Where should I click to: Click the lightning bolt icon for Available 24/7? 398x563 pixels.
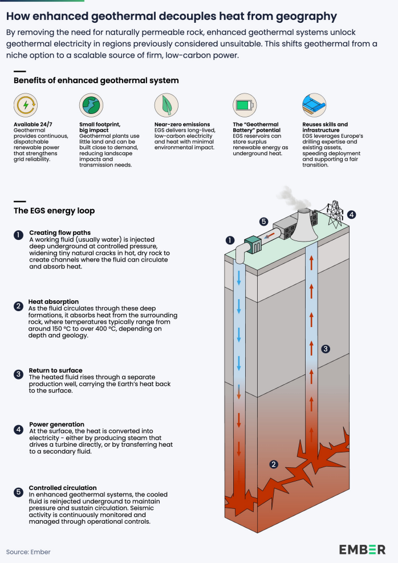25,105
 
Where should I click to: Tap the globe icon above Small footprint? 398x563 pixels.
91,105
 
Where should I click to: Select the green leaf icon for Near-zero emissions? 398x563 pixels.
166,105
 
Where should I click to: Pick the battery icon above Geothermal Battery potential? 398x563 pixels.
244,105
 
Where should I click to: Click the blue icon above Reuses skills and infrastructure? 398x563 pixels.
314,105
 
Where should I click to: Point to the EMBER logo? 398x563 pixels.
362,549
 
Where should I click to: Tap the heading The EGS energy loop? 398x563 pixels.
54,211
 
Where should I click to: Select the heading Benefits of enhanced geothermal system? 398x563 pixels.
96,80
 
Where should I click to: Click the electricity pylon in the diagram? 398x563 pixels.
335,210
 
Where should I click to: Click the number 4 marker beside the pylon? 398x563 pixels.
352,215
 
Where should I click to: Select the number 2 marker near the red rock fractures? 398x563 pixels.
274,464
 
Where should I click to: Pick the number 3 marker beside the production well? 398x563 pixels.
325,348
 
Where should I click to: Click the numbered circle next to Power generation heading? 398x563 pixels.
18,429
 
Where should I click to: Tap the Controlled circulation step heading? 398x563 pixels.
63,488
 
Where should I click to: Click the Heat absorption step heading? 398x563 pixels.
54,301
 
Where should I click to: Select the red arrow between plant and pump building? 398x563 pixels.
275,234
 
